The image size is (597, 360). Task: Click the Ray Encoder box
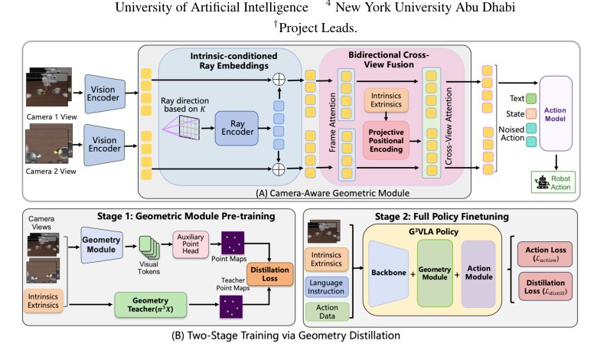(237, 128)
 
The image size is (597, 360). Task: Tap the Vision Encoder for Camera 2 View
(105, 144)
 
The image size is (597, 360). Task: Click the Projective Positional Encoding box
(386, 141)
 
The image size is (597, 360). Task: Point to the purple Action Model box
(556, 113)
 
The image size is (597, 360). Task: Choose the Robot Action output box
(553, 182)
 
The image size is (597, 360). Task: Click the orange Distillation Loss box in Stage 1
(270, 274)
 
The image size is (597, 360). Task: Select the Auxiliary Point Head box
(191, 244)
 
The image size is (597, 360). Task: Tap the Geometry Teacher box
(150, 305)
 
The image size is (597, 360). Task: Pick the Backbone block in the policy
(389, 273)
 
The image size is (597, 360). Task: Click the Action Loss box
(545, 254)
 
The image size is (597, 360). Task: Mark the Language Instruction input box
(326, 287)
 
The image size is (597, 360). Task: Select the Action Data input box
(327, 311)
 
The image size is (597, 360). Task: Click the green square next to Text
(531, 99)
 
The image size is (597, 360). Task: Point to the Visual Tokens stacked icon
(149, 247)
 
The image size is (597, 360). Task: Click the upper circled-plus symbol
(279, 80)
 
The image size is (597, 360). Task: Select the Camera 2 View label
(51, 172)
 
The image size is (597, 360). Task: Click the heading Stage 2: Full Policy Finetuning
(442, 217)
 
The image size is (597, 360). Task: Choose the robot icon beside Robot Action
(541, 183)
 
